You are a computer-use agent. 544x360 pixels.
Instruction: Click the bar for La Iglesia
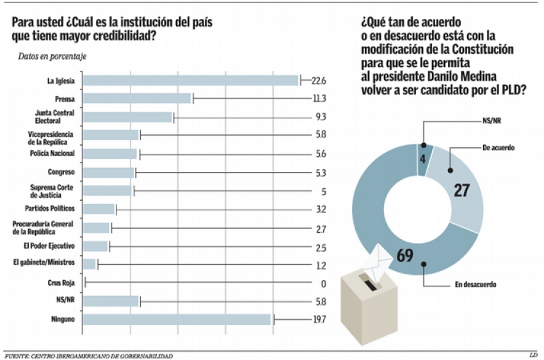tap(191, 81)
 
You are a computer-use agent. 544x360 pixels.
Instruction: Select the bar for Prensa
tap(138, 98)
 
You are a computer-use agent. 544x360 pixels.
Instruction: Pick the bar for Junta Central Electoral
tap(128, 117)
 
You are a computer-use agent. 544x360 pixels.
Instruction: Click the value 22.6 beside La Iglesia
tap(319, 81)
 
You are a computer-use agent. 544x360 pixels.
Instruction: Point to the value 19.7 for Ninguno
tap(318, 319)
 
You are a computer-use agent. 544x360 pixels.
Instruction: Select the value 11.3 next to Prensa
tap(319, 98)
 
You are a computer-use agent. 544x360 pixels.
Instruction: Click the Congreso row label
tap(61, 172)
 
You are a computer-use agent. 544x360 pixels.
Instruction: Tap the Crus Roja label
tap(61, 282)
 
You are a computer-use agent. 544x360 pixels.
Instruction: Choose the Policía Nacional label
tap(52, 153)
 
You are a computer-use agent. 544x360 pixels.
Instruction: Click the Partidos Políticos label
tap(50, 208)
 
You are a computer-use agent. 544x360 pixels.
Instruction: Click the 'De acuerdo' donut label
tap(499, 148)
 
